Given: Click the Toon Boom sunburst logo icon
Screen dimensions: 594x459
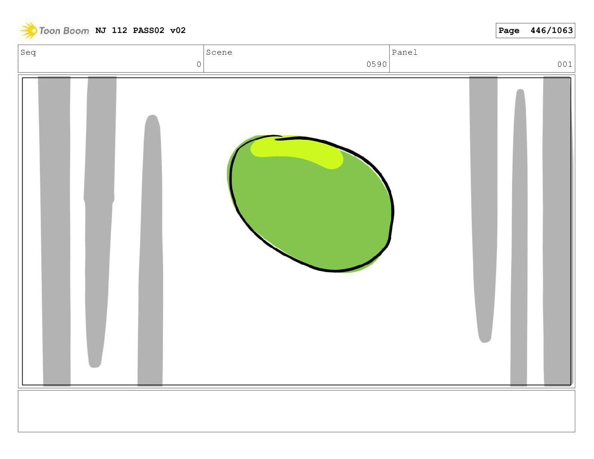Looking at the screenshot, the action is click(x=28, y=30).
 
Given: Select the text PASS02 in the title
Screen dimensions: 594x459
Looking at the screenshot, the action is click(x=148, y=30).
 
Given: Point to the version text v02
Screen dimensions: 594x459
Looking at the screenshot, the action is click(x=178, y=30).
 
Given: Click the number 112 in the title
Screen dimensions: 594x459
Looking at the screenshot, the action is click(x=120, y=30).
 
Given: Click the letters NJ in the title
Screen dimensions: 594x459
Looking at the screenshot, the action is click(x=100, y=30).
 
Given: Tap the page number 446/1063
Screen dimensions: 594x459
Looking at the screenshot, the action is click(x=551, y=30).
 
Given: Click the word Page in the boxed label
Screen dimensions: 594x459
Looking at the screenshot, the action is click(x=509, y=31).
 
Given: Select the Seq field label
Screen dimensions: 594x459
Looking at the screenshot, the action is click(x=28, y=53).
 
